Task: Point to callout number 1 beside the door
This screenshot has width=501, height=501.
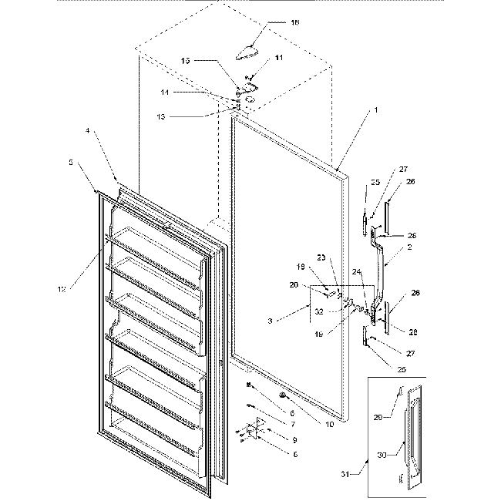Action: click(x=375, y=111)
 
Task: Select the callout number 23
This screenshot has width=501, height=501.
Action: click(x=321, y=257)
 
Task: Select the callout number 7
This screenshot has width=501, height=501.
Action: click(x=271, y=422)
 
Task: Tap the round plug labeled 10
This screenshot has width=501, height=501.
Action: click(x=284, y=396)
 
